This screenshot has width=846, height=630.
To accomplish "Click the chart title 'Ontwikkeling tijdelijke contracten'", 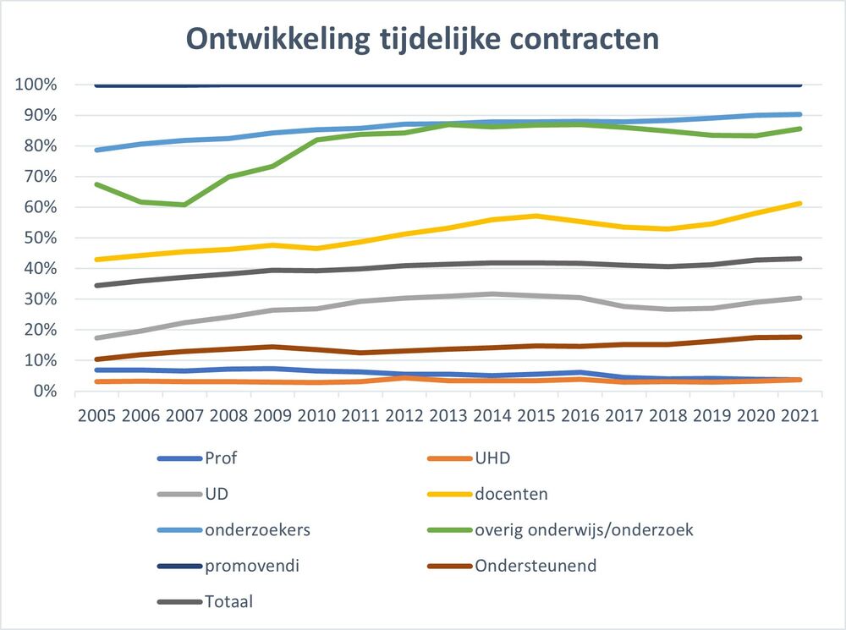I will pyautogui.click(x=422, y=39).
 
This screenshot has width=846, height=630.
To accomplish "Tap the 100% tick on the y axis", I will pyautogui.click(x=36, y=85).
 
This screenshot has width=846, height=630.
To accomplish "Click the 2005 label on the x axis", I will pyautogui.click(x=96, y=417).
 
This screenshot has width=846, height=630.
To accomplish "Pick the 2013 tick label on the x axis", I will pyautogui.click(x=448, y=417).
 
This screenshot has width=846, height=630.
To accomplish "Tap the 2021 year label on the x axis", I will pyautogui.click(x=800, y=417).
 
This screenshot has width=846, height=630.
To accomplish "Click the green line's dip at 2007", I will pyautogui.click(x=184, y=205).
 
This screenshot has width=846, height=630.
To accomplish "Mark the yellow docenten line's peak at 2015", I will pyautogui.click(x=536, y=216).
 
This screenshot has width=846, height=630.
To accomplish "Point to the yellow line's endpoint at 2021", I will pyautogui.click(x=800, y=203).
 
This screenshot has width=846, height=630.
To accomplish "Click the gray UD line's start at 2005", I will pyautogui.click(x=96, y=338).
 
